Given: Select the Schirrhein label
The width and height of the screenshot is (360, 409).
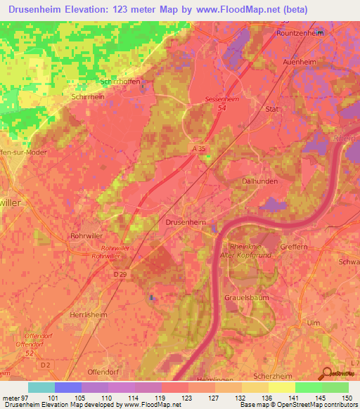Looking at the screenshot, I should pos(88,98).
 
